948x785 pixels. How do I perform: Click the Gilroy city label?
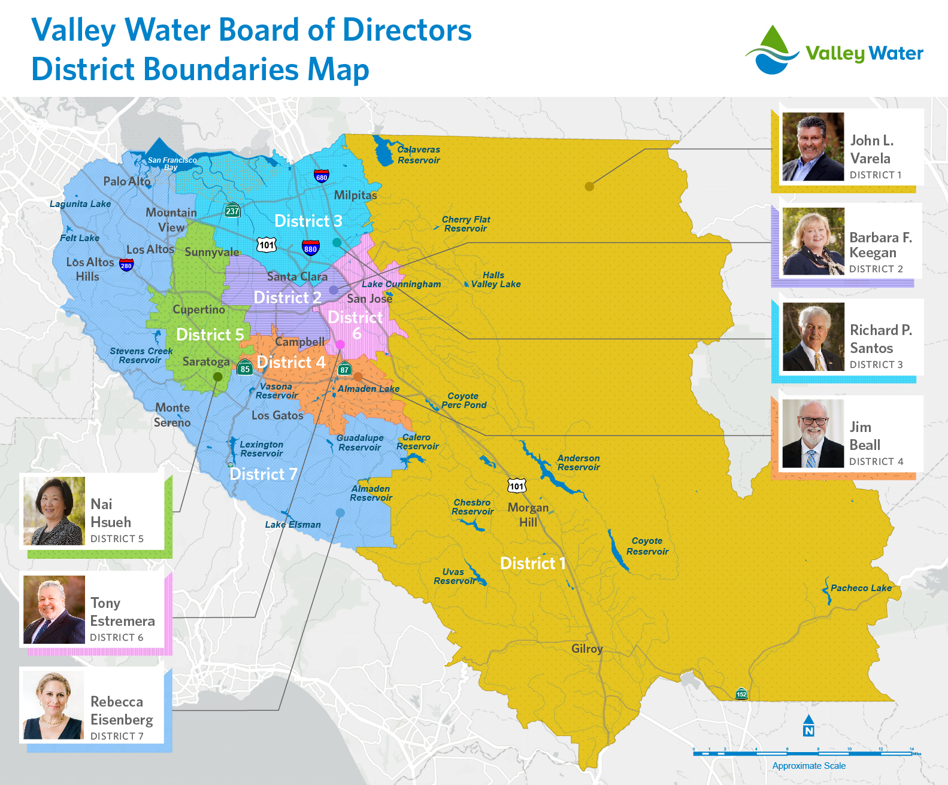tap(587, 649)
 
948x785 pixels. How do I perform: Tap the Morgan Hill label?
tap(528, 515)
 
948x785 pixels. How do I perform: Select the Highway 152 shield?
tap(741, 694)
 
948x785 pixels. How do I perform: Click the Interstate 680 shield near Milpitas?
tap(322, 177)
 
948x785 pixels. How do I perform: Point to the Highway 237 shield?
tap(232, 211)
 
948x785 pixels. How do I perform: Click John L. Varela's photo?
tap(813, 147)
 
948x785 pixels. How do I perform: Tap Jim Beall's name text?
tap(865, 436)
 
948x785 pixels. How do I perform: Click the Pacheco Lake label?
tap(861, 588)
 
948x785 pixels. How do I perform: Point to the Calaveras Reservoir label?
tap(419, 155)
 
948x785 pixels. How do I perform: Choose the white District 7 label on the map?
tap(263, 474)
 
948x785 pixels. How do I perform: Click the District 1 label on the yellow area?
tap(532, 563)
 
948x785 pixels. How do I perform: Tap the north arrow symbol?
tap(808, 725)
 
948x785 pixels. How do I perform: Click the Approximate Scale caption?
tap(808, 766)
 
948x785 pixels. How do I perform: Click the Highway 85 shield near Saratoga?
tap(245, 369)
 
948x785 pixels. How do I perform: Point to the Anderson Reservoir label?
tap(579, 463)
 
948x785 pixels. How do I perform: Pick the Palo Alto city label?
tap(127, 181)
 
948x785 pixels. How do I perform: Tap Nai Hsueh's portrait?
tap(54, 511)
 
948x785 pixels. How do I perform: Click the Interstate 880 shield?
tap(310, 248)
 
